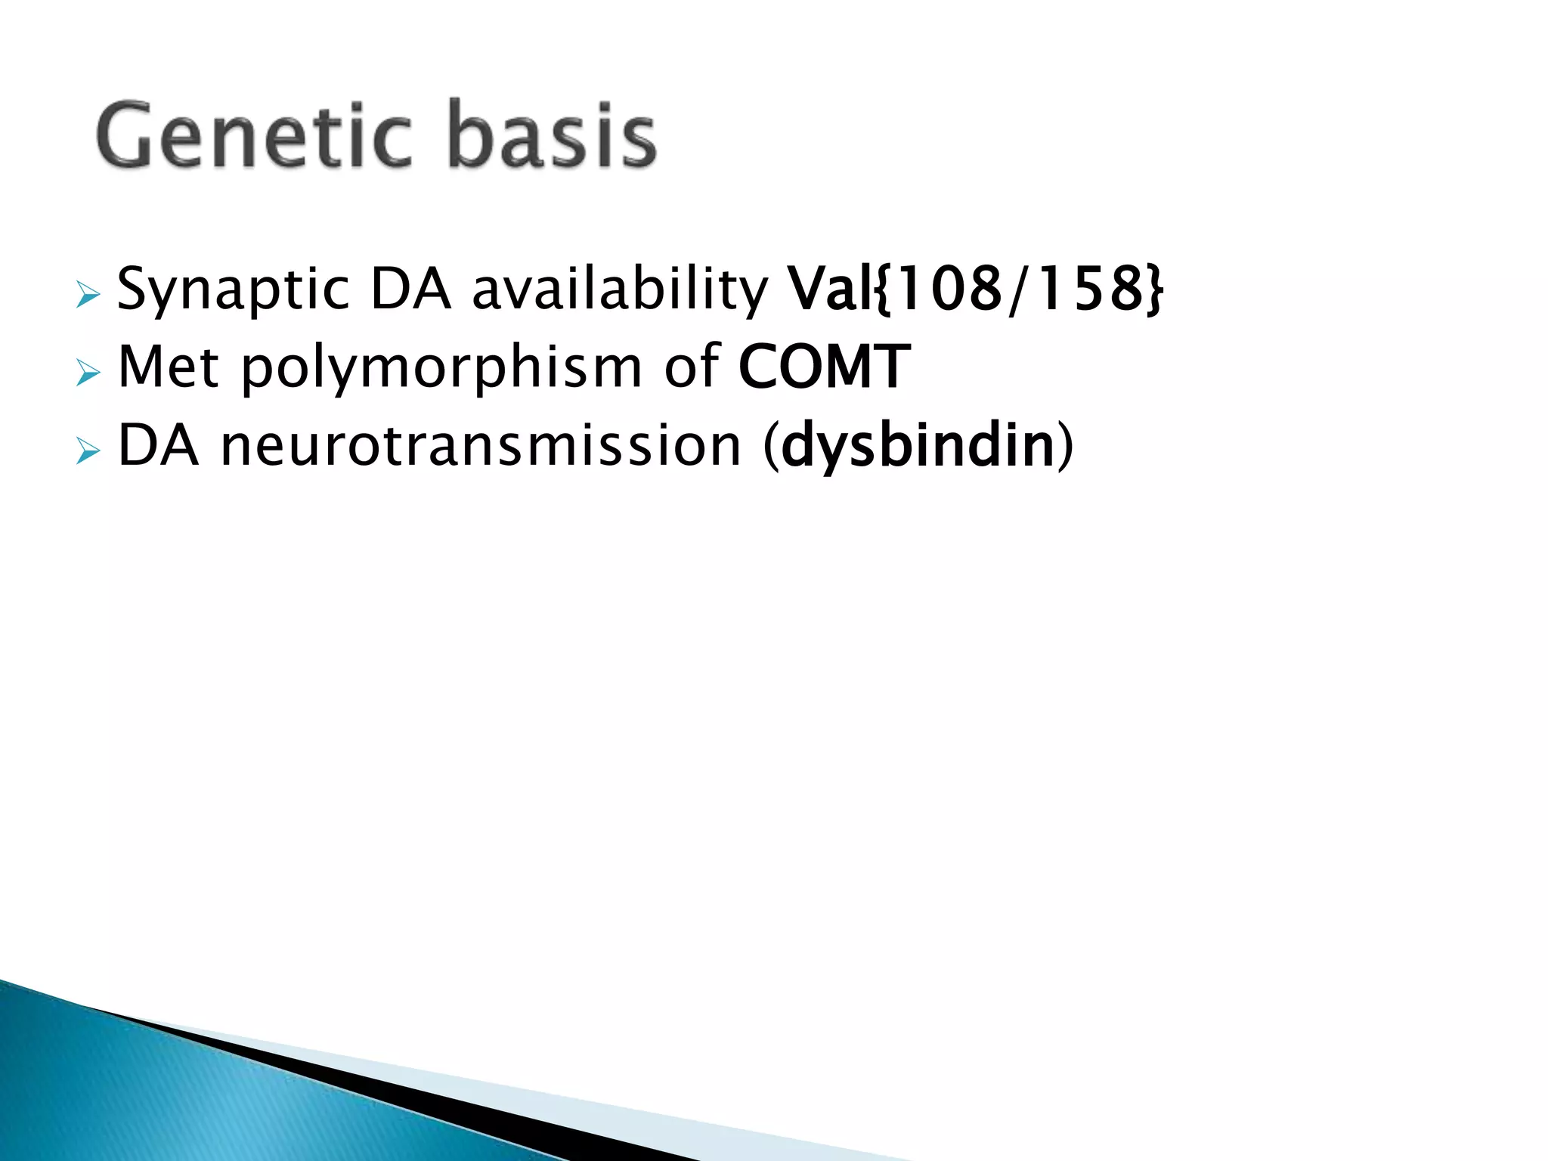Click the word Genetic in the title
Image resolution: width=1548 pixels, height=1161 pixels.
pyautogui.click(x=253, y=136)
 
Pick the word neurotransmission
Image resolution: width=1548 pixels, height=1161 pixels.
pyautogui.click(x=481, y=446)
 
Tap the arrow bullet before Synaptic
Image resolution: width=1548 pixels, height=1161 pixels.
pyautogui.click(x=88, y=295)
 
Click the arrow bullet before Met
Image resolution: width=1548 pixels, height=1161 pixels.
pyautogui.click(x=88, y=373)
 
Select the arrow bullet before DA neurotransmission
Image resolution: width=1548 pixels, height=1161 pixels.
pyautogui.click(x=88, y=452)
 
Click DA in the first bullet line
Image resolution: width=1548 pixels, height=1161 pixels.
pyautogui.click(x=410, y=289)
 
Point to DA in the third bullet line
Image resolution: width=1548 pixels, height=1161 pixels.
pyautogui.click(x=158, y=446)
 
